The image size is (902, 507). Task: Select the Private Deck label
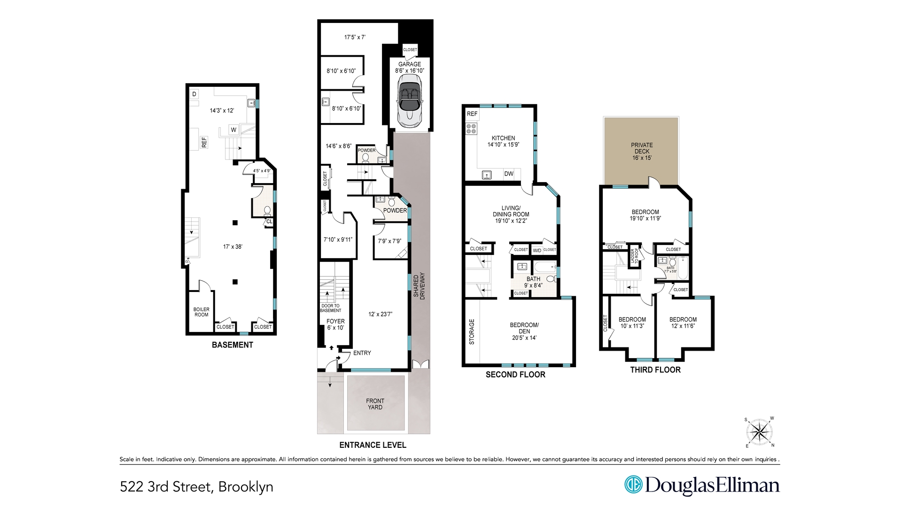click(642, 151)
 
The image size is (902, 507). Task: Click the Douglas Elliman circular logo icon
click(633, 485)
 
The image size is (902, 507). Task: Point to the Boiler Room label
click(202, 312)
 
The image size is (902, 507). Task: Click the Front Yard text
click(375, 404)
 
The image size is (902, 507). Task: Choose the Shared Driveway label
click(419, 286)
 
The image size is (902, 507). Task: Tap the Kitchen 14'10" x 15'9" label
click(503, 141)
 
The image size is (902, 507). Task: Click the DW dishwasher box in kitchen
click(509, 174)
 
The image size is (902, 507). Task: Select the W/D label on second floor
click(537, 250)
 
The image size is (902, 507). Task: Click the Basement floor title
click(232, 345)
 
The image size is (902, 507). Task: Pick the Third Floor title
click(655, 369)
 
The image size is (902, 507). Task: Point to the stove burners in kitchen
click(471, 128)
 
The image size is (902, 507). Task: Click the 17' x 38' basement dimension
click(233, 246)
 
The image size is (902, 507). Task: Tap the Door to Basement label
click(330, 308)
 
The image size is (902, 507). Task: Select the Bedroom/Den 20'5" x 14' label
click(524, 331)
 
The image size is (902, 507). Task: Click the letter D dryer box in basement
click(194, 94)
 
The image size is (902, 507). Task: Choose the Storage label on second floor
click(472, 331)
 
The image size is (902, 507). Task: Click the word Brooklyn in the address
click(246, 486)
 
